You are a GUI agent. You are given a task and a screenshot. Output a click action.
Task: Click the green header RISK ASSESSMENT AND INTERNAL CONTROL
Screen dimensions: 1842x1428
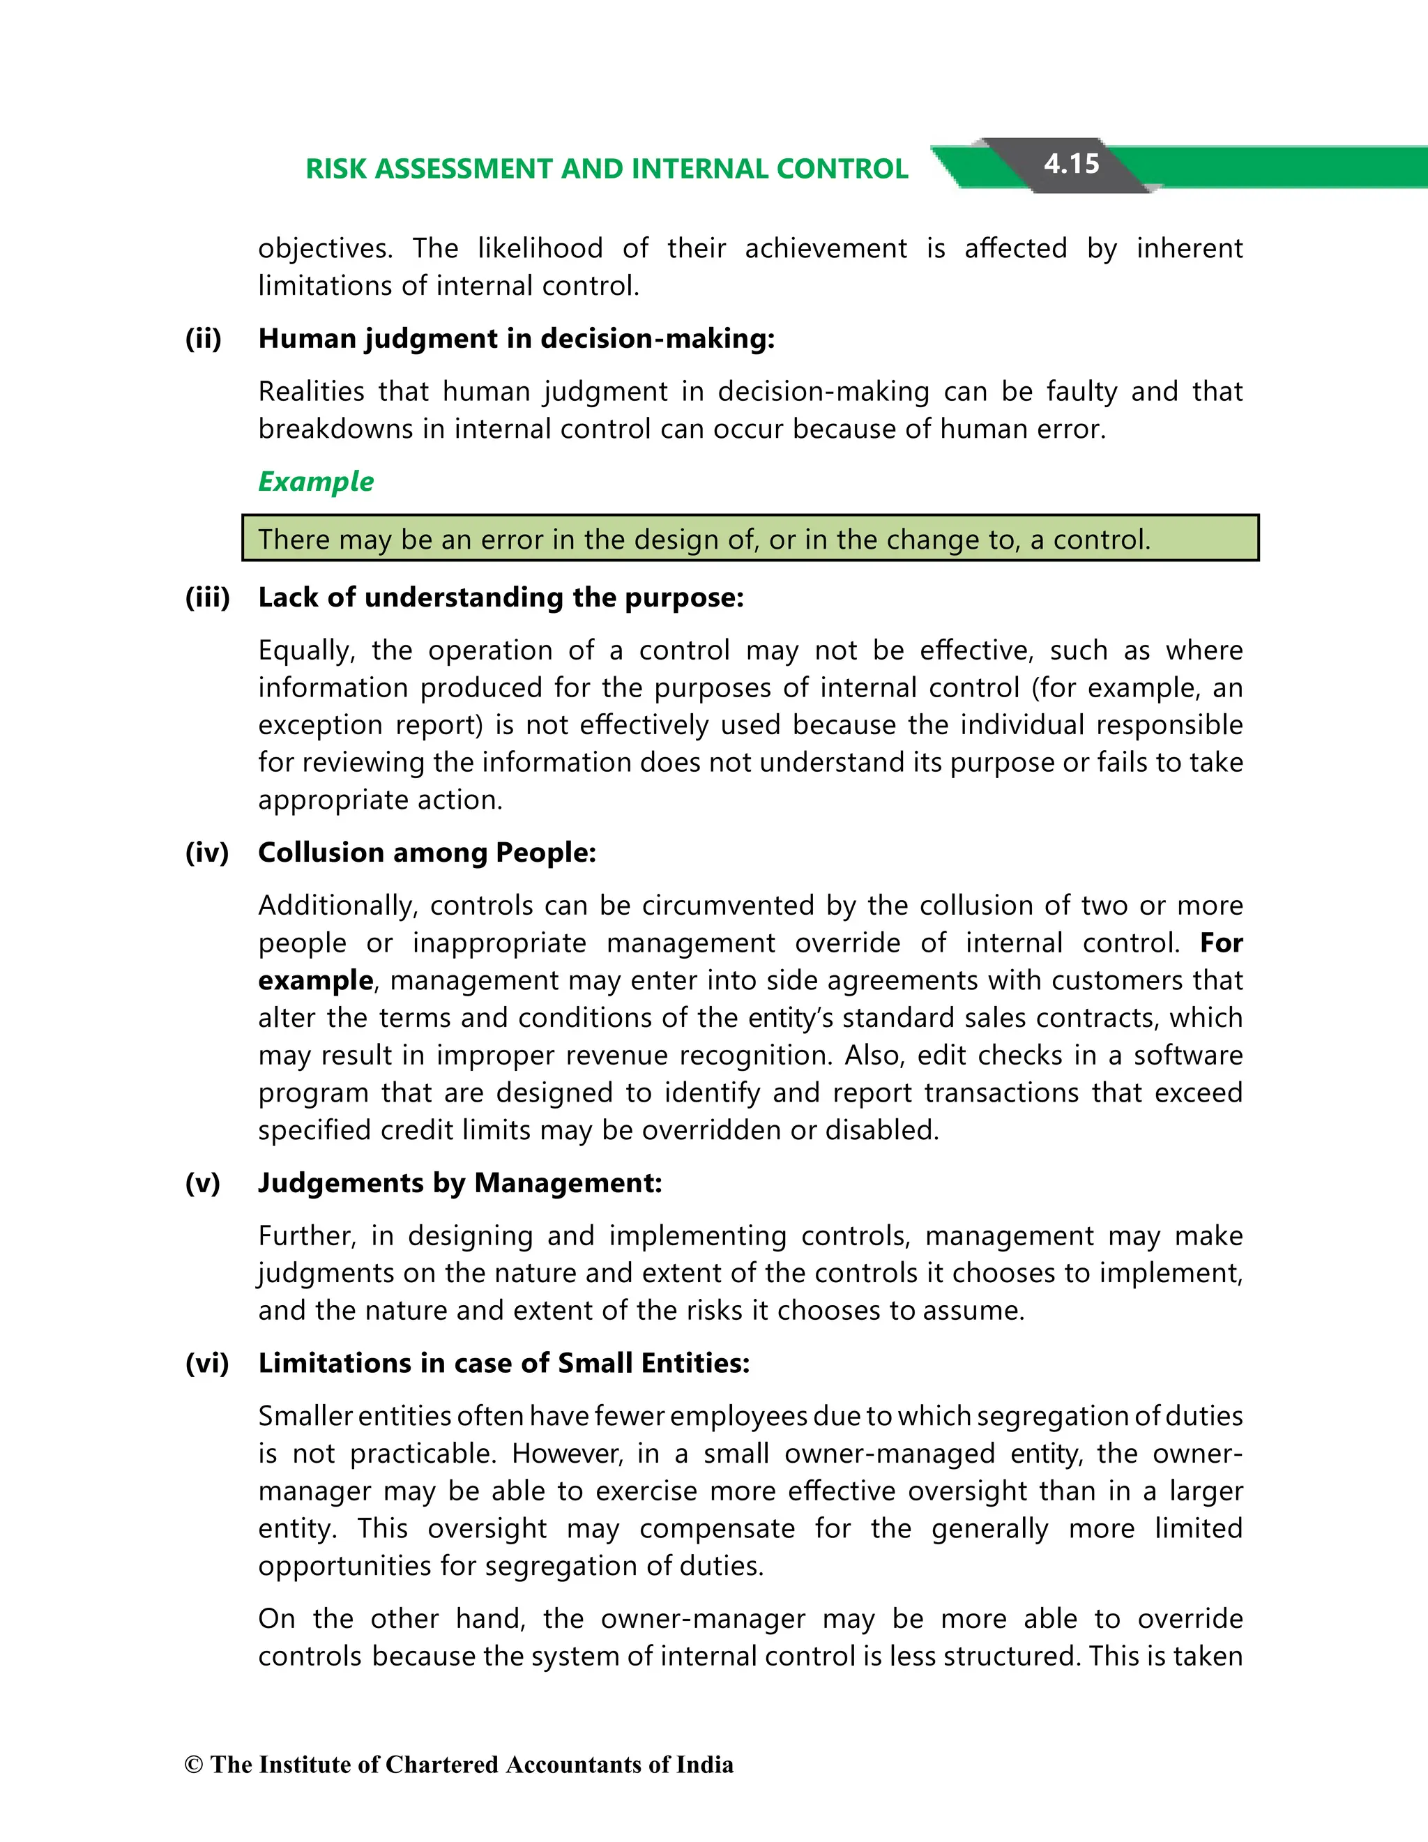(607, 169)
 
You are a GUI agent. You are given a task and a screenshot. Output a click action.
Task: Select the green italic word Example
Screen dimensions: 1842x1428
(315, 482)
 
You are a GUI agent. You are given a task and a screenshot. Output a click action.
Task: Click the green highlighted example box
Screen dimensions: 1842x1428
(750, 538)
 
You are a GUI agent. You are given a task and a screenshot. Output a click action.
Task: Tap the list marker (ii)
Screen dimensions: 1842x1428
(204, 338)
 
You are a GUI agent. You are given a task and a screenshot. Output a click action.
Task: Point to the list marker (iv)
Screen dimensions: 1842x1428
(206, 852)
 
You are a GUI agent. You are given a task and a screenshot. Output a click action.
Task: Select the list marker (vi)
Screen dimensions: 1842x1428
(206, 1363)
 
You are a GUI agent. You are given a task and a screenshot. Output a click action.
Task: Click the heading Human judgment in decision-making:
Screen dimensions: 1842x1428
(516, 338)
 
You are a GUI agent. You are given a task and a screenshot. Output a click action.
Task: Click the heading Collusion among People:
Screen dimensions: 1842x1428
(427, 852)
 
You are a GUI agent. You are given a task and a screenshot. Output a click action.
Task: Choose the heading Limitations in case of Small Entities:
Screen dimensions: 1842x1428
(503, 1363)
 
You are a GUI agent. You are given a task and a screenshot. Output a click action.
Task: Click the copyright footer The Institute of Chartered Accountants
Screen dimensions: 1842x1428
(459, 1765)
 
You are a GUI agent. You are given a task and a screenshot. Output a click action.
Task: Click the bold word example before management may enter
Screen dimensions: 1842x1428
(315, 980)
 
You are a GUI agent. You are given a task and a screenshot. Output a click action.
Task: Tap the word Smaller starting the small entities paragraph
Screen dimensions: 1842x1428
(305, 1416)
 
